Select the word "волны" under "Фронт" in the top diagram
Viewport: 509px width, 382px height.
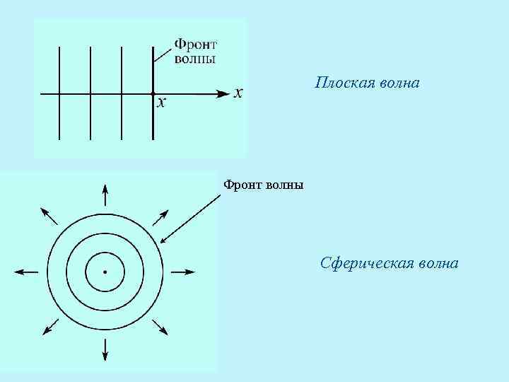(x=195, y=59)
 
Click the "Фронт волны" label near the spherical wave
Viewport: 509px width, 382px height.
(x=264, y=185)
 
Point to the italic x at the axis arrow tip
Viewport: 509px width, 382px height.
(x=239, y=93)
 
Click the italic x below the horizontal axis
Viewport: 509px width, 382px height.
(x=162, y=104)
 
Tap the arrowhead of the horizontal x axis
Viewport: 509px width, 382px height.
(x=224, y=93)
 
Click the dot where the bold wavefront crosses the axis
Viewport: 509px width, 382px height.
(x=153, y=93)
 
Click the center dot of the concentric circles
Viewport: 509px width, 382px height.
(x=105, y=272)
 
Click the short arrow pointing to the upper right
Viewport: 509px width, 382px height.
(x=160, y=216)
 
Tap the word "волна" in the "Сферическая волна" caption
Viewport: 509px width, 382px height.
(x=435, y=265)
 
